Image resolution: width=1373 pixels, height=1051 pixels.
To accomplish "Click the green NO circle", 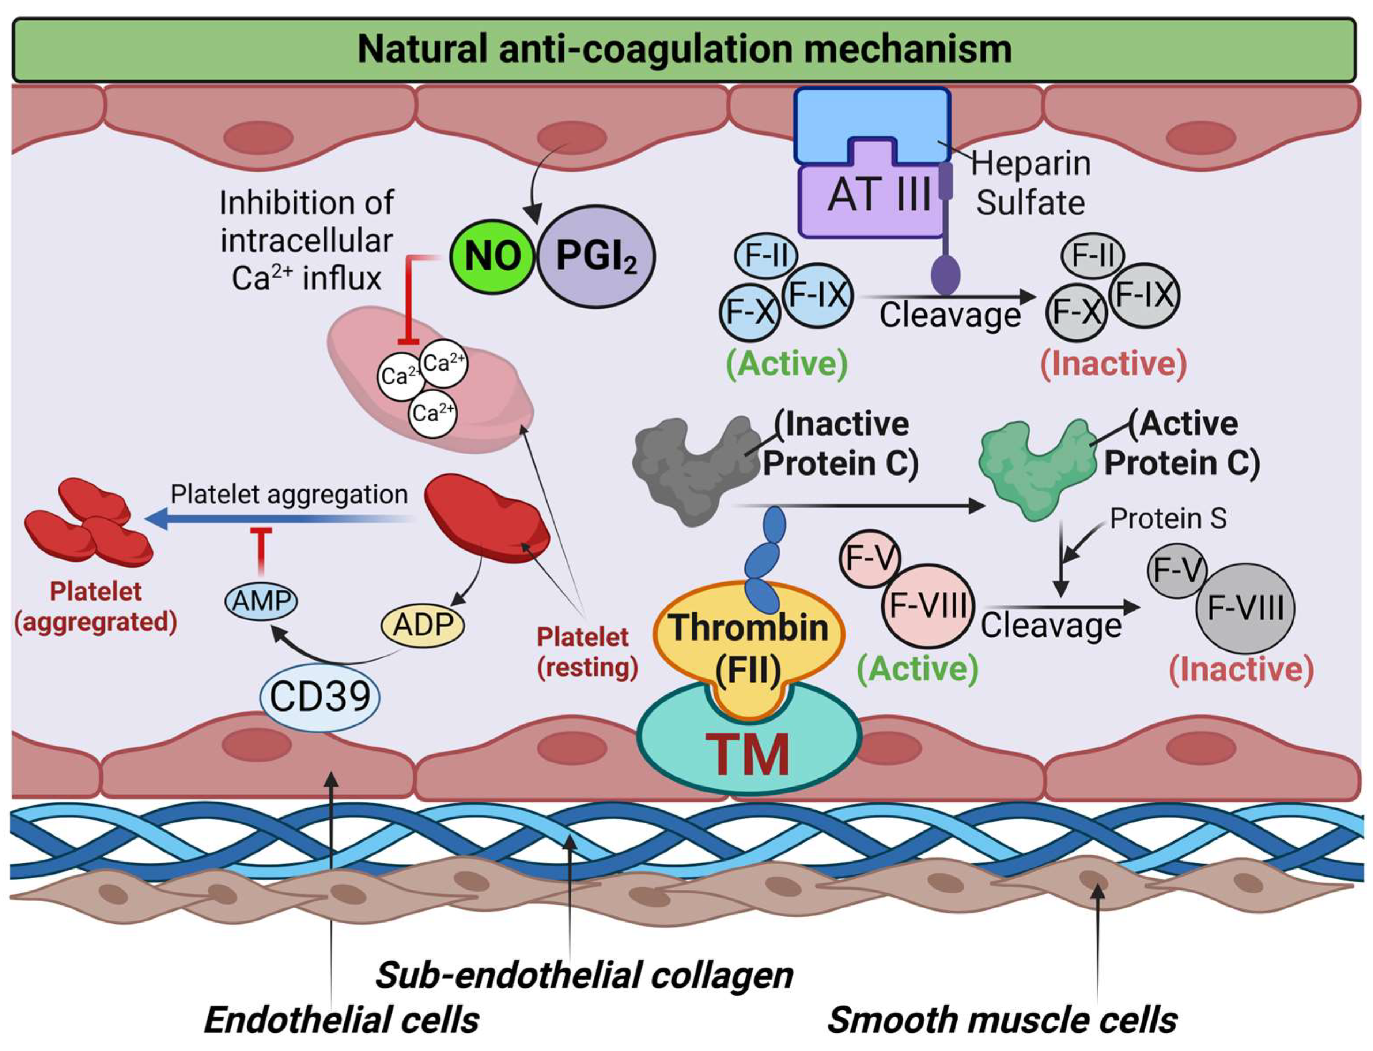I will [x=492, y=256].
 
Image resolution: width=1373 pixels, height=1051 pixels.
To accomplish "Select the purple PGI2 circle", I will [x=596, y=256].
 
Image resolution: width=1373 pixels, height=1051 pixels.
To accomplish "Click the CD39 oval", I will [x=320, y=696].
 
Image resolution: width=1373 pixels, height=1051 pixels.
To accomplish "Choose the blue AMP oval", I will [x=261, y=601].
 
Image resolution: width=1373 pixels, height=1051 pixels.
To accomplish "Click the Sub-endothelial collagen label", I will [x=584, y=975].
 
